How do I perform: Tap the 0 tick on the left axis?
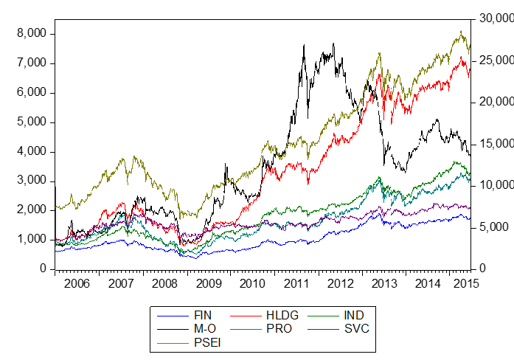click(44, 270)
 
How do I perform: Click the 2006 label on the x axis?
click(77, 283)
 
